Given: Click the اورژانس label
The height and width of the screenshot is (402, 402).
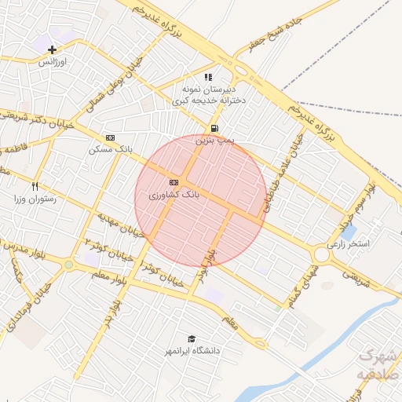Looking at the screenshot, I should click(x=53, y=60).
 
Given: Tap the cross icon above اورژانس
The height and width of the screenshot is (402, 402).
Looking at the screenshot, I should click(x=53, y=49).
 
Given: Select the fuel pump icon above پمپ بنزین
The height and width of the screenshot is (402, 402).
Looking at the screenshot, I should click(x=214, y=128).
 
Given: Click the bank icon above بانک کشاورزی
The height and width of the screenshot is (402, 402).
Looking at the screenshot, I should click(x=174, y=182).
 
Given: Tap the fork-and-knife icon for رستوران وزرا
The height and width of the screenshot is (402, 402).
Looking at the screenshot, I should click(x=35, y=187).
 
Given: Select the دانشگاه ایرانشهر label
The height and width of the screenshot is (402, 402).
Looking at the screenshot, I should click(x=192, y=350).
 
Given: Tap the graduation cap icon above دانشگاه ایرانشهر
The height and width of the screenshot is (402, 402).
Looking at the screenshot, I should click(x=192, y=338).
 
